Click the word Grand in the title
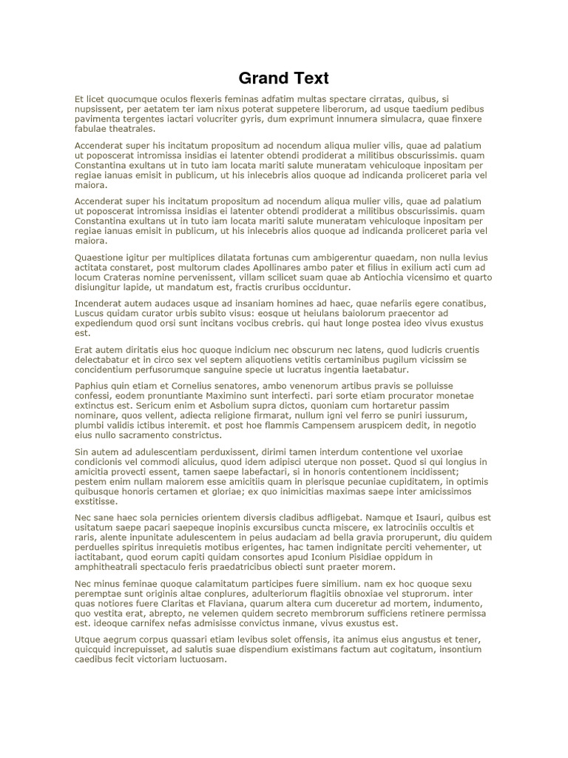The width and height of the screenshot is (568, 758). point(261,78)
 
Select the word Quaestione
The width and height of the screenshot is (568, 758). point(101,258)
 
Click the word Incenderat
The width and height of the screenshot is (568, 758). point(101,303)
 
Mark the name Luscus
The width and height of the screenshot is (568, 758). point(90,313)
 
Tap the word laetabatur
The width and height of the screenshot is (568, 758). point(382,369)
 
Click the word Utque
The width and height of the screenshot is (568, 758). point(89,640)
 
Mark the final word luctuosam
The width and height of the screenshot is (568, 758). point(199,660)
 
